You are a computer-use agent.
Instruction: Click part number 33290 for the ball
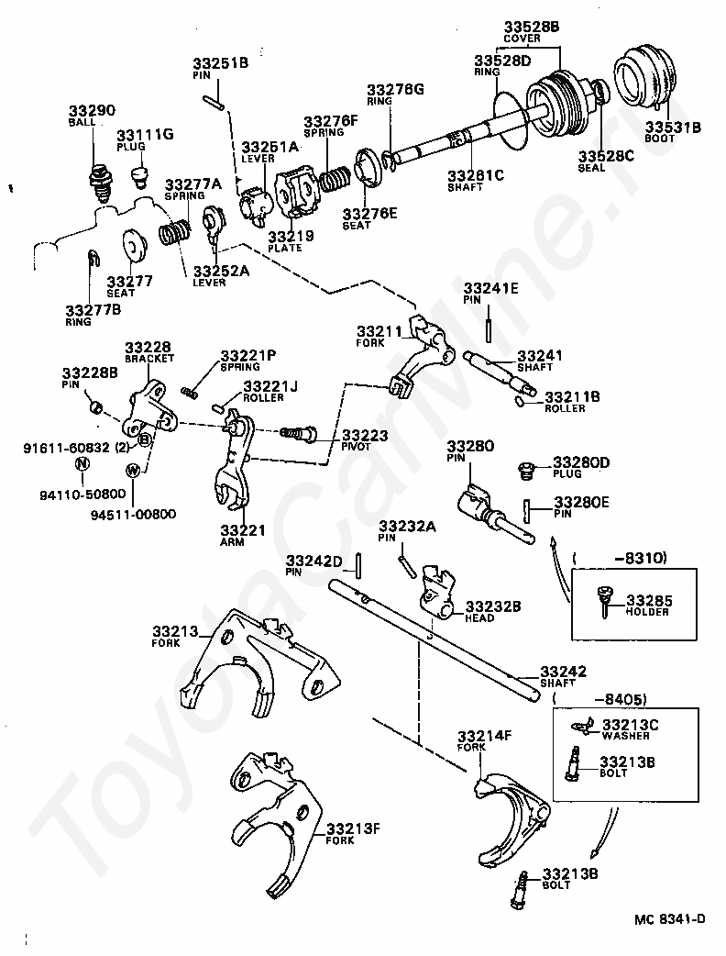click(x=92, y=110)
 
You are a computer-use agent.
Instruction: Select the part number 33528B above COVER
click(x=531, y=27)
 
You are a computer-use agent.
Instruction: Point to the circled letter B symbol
click(x=145, y=439)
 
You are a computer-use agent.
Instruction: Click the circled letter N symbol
click(x=82, y=464)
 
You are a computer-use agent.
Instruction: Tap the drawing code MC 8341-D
click(x=669, y=918)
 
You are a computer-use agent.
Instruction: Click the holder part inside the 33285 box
click(x=603, y=599)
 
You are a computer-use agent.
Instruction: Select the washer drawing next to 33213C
click(x=582, y=725)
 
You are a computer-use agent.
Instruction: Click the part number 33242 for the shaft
click(x=563, y=672)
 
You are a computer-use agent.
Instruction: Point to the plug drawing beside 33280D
click(x=524, y=471)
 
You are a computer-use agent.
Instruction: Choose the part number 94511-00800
click(x=134, y=515)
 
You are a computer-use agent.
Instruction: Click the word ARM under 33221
click(x=232, y=542)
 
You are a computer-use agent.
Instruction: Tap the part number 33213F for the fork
click(x=353, y=828)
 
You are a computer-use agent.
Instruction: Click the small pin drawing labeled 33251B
click(x=214, y=101)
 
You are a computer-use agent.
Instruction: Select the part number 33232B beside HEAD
click(x=493, y=606)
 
